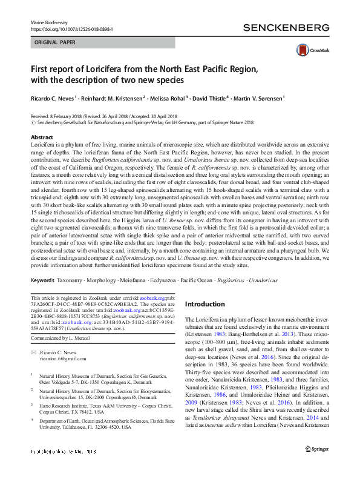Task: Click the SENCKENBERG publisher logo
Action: [x=286, y=27]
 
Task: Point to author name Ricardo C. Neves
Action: [x=53, y=97]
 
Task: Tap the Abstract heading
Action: [x=42, y=138]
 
